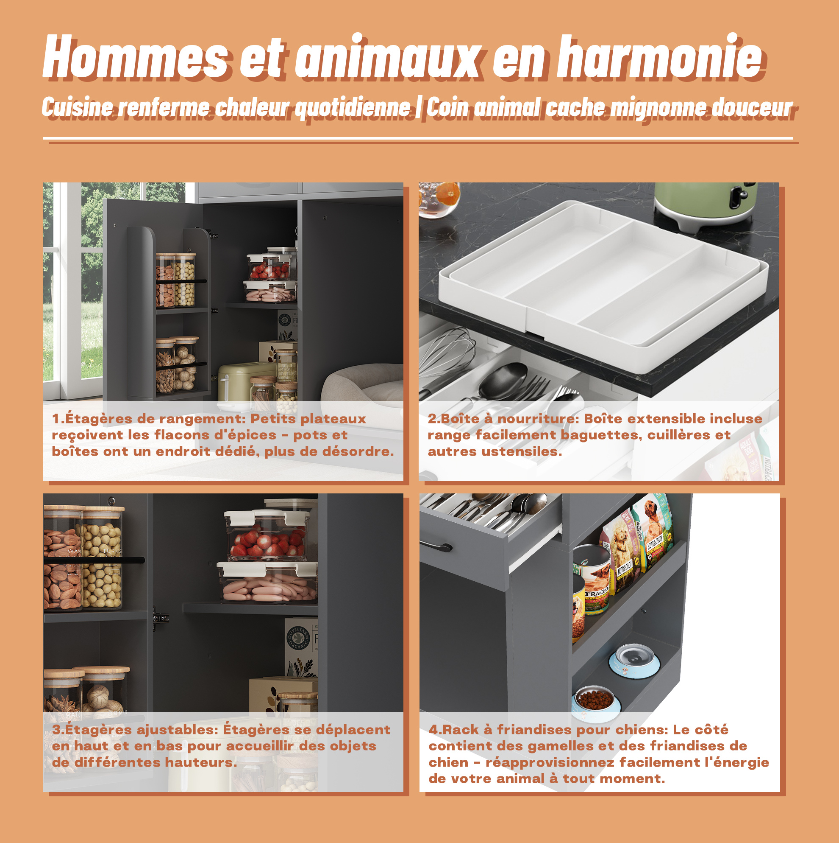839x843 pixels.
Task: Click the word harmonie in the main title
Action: pos(660,57)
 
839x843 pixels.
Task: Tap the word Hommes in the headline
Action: pos(135,57)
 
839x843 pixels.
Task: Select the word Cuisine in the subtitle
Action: pos(78,107)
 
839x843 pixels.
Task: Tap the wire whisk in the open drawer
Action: pos(447,358)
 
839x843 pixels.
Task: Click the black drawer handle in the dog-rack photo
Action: pos(436,546)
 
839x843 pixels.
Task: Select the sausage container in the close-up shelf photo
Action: pos(268,583)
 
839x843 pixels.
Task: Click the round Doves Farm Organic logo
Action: pos(299,640)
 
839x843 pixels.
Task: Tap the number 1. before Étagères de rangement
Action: pos(58,418)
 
